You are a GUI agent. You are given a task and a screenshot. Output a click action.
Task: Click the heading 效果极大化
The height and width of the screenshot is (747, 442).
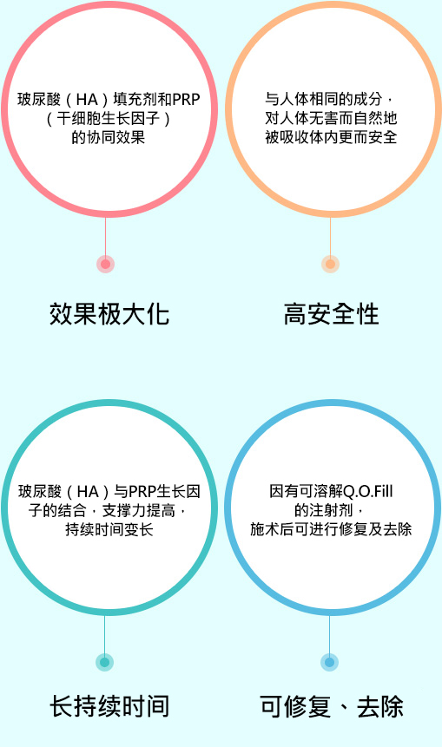[109, 314]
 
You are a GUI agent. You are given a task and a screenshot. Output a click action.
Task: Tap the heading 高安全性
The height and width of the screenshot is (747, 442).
[331, 314]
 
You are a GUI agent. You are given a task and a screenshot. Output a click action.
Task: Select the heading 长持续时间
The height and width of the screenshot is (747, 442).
[109, 706]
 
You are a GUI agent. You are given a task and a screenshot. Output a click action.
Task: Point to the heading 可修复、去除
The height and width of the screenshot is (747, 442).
[332, 706]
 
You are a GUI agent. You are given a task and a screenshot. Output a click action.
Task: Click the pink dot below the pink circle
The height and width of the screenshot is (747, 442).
[105, 264]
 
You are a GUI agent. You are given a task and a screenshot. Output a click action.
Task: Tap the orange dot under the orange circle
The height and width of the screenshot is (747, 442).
[331, 264]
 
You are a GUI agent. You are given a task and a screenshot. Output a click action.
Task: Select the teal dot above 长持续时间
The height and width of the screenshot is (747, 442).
[105, 662]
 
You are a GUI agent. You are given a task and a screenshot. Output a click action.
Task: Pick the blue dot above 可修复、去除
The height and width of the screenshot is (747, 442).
[329, 662]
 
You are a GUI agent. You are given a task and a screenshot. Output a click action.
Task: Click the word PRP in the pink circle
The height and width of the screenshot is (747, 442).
[187, 100]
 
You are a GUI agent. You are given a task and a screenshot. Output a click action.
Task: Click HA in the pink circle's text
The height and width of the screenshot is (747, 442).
[87, 100]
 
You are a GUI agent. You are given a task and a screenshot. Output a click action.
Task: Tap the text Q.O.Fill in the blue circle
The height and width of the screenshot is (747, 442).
[368, 491]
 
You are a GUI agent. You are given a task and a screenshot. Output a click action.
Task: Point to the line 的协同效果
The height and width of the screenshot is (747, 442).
[109, 137]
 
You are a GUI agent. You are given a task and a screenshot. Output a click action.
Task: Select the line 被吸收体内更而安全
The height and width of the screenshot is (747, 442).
[331, 137]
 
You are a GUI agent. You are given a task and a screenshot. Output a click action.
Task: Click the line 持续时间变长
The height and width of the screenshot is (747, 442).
[109, 529]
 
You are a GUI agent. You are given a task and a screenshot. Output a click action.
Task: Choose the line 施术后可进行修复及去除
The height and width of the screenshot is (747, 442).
[331, 529]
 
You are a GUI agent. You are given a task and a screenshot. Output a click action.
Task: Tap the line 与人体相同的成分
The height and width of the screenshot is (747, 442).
[324, 99]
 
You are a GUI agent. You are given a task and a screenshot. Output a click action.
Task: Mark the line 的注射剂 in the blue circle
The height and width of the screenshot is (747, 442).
[323, 510]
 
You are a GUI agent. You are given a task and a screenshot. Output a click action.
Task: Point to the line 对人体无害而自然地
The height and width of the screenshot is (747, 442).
[331, 118]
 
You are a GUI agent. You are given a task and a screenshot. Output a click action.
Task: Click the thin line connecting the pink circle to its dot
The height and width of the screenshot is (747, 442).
[105, 236]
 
